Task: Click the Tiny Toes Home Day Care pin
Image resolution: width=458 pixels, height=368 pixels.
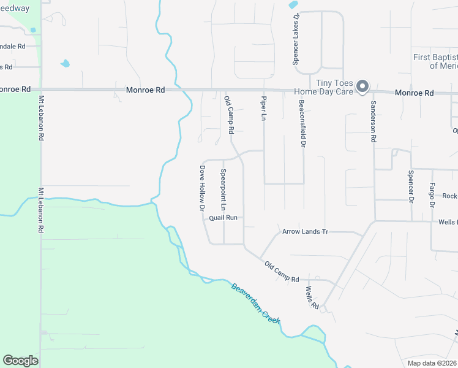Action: [362, 87]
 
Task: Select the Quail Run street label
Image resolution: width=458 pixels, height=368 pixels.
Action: [223, 218]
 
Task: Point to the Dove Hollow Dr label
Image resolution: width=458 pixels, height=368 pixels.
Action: [201, 188]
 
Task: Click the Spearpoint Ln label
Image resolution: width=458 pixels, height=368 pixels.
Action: [223, 187]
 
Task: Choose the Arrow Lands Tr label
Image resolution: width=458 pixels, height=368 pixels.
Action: [306, 232]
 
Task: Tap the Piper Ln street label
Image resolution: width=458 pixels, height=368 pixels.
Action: [264, 108]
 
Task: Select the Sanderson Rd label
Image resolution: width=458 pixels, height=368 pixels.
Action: [372, 122]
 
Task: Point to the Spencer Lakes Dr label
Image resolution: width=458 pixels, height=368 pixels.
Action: [295, 40]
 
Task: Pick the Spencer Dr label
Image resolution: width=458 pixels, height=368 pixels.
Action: [410, 186]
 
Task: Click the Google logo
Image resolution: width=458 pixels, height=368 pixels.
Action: [20, 360]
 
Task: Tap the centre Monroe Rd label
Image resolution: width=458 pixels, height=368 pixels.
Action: [145, 90]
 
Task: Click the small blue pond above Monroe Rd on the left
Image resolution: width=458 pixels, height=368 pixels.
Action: [65, 63]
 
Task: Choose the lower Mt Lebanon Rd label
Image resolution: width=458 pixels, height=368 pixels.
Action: [41, 210]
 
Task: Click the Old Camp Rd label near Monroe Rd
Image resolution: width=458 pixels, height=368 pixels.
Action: [228, 115]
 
